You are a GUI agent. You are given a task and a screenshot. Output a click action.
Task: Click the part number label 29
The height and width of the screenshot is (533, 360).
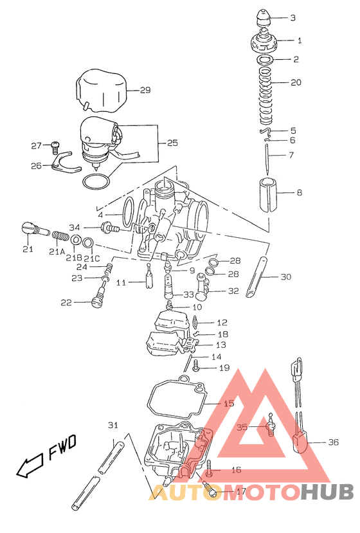click(145, 90)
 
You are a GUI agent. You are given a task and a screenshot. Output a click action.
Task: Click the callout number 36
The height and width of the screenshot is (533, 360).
click(332, 442)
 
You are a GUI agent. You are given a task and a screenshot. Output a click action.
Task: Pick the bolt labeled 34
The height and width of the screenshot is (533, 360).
click(110, 227)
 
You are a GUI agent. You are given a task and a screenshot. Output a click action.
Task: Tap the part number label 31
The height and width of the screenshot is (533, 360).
click(113, 426)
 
